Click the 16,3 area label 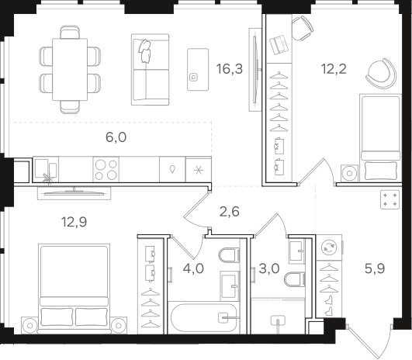coord(230,69)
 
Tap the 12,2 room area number coord(334,69)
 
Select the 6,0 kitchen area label coord(116,137)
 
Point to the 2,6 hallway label coord(230,212)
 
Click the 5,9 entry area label coord(375,268)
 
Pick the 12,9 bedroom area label coord(74,222)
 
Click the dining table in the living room coord(70,69)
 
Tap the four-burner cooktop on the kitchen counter coord(106,169)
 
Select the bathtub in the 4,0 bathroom coord(204,317)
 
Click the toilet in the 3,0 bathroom coord(295,279)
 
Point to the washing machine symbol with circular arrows coord(329,247)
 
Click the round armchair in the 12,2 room coord(381,73)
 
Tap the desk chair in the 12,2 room coord(302,28)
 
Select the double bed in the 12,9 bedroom coord(74,289)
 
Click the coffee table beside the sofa coord(198,69)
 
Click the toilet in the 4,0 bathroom coord(229,255)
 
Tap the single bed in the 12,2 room coord(380,137)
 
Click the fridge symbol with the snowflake coord(199,170)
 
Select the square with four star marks coord(390,199)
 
